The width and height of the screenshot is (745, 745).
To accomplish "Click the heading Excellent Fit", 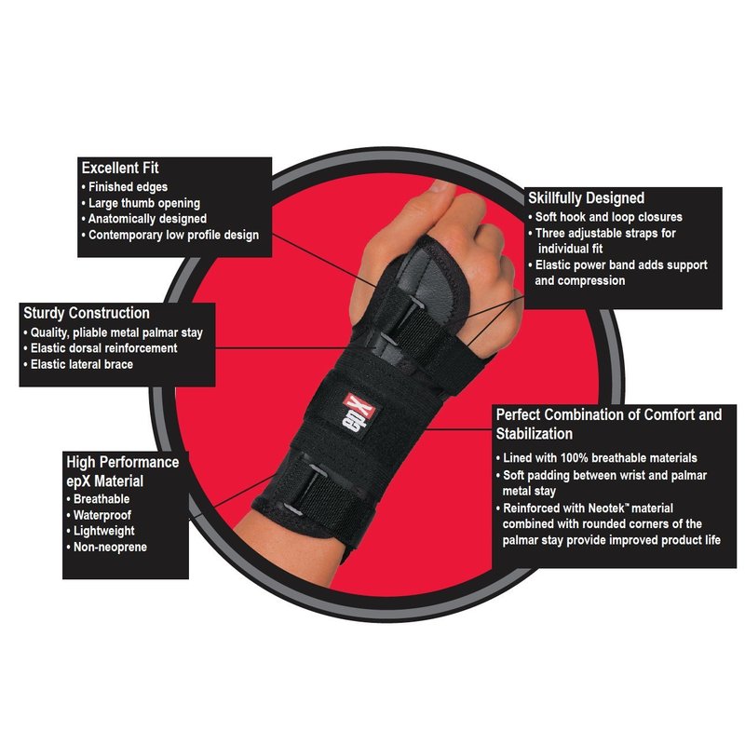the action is pos(120,168).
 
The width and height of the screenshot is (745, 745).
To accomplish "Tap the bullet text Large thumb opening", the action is pos(144,203).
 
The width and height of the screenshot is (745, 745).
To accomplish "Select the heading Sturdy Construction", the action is pos(87,313).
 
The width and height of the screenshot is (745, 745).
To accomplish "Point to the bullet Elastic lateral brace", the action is pos(82,364).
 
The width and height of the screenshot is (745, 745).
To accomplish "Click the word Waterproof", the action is pos(102,515).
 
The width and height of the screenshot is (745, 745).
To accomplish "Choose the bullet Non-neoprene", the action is pos(110,547).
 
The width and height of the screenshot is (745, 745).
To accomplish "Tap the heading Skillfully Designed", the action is pos(587,198).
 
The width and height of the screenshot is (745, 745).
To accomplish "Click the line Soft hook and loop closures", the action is pos(609,217).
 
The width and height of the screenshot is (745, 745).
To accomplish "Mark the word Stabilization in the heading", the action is pos(534,434).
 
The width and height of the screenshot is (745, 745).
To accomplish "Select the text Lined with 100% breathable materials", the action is pos(600,458).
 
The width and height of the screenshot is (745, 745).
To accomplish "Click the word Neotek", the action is pos(606,508).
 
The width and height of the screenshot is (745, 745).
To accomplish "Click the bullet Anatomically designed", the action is pos(147,219).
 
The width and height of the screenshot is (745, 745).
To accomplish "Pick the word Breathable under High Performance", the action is pos(102,499).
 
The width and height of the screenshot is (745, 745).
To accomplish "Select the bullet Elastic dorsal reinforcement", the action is pos(103,348).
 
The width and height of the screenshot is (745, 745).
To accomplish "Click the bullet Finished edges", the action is pos(128,187).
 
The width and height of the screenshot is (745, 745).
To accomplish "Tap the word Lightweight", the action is pos(104,531).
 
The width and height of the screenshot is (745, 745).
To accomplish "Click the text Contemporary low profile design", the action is pos(173,235).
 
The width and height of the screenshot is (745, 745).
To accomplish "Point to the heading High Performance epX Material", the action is pos(123,471).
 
